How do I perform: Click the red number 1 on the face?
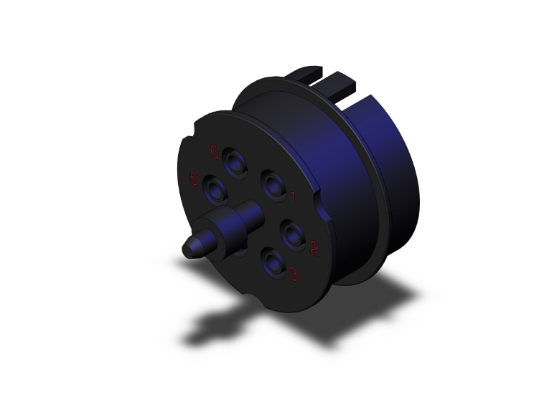tap(292, 195)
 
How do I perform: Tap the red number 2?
tap(314, 249)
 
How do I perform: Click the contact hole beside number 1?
tap(273, 186)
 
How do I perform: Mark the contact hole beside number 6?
tap(235, 159)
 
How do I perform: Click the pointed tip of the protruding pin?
tap(189, 249)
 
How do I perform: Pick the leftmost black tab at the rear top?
tap(306, 74)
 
